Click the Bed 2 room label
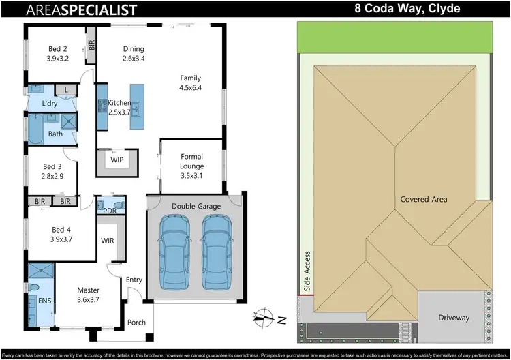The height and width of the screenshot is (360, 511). coord(57,53)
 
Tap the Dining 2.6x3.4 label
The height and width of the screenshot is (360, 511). coord(134,53)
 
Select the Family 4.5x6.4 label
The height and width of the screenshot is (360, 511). coord(191,82)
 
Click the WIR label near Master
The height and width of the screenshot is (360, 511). coord(107,241)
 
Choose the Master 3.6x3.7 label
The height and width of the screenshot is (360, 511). coord(88,295)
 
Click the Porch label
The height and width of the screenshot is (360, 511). coord(136,322)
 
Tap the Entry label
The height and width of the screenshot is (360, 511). coord(134,279)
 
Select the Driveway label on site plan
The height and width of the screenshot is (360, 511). coord(453,318)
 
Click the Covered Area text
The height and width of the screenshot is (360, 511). coord(424,199)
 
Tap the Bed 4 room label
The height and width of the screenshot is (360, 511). coord(61,234)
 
